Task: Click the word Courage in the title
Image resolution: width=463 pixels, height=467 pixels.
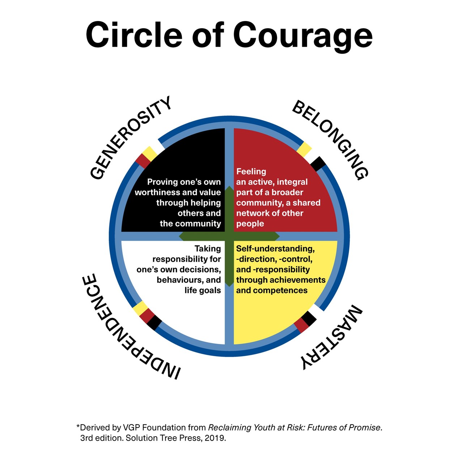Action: (303, 35)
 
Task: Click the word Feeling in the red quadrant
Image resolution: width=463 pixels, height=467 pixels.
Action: (251, 171)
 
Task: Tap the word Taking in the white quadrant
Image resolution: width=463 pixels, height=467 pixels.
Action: (208, 249)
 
